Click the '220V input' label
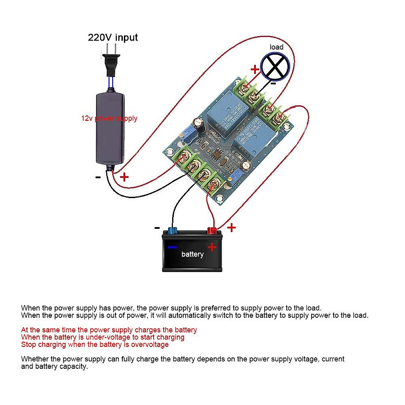(113, 37)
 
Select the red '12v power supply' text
(109, 118)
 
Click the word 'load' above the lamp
(276, 47)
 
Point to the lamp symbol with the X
(275, 67)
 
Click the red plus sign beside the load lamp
(255, 70)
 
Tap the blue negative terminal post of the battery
(172, 231)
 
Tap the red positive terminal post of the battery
(212, 231)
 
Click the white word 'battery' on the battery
(192, 254)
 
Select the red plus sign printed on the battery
(212, 247)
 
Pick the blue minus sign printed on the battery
(172, 247)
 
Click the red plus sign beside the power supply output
(125, 177)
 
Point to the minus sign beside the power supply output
(98, 177)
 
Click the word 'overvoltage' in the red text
(150, 345)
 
